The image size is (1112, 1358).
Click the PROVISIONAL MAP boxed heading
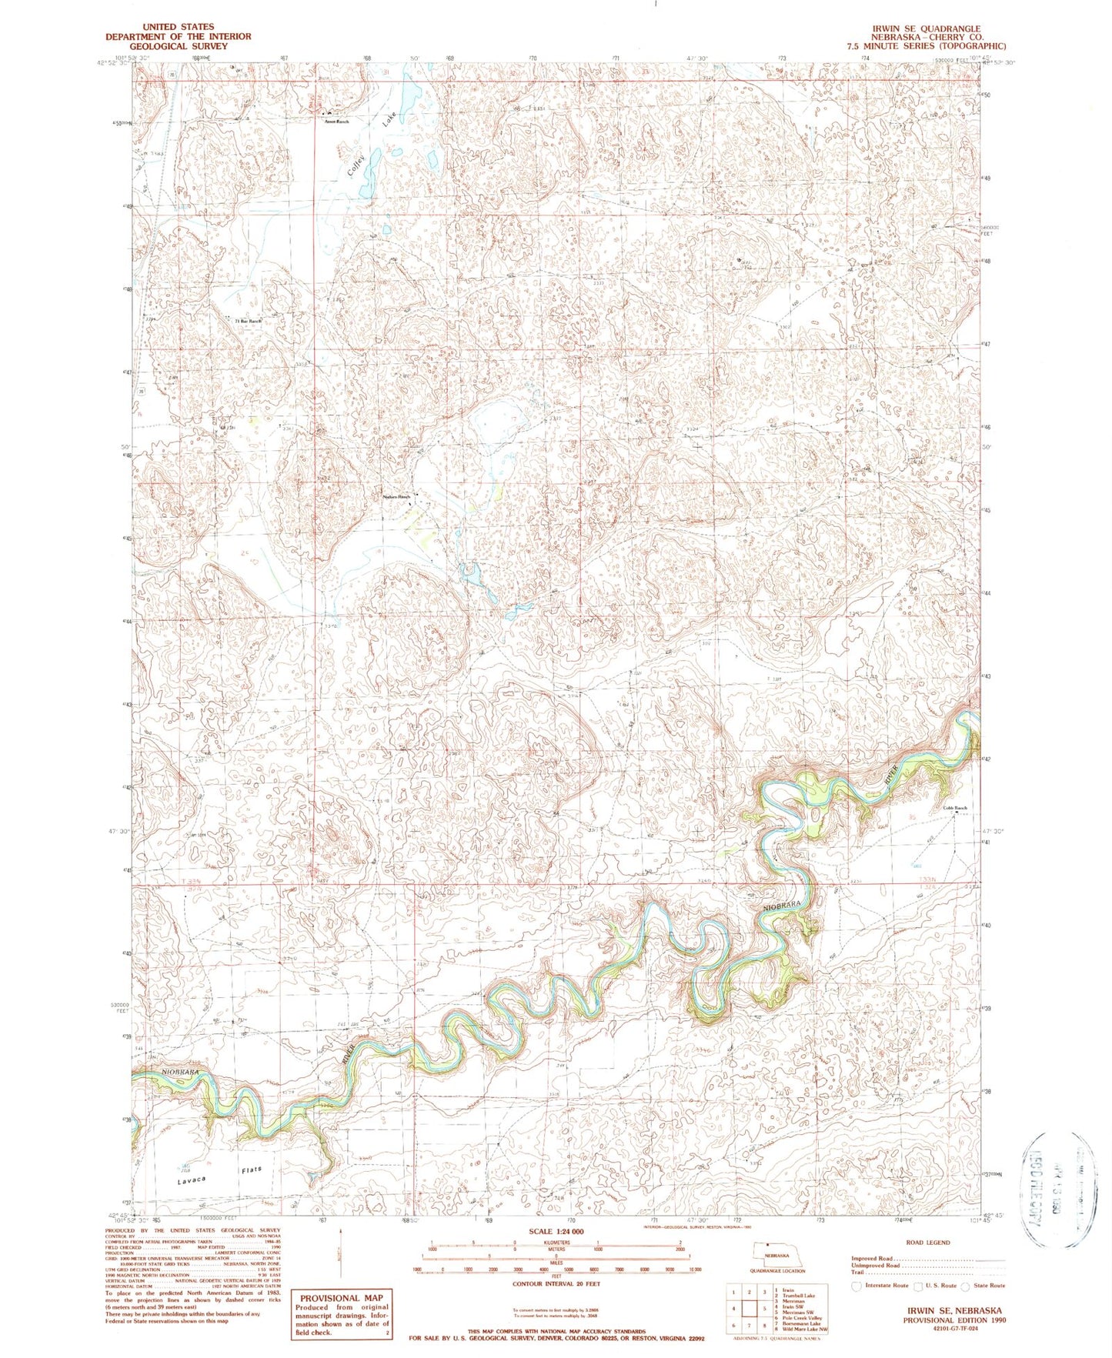tap(341, 1298)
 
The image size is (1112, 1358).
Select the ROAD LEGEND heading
tap(927, 1242)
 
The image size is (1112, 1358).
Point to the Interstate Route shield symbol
tap(858, 1286)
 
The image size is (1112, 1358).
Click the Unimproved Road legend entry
tap(876, 1265)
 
